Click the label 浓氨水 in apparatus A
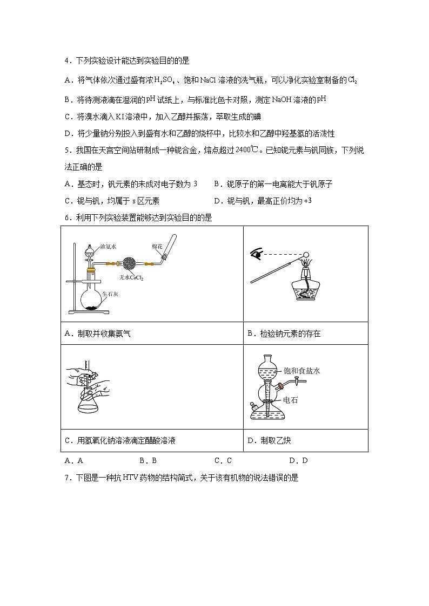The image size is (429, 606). [109, 247]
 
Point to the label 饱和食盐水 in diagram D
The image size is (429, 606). [302, 371]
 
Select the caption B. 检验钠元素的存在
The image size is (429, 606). [284, 334]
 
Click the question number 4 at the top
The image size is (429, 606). [66, 60]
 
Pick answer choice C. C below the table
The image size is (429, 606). [223, 461]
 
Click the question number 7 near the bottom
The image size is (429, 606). [66, 478]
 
